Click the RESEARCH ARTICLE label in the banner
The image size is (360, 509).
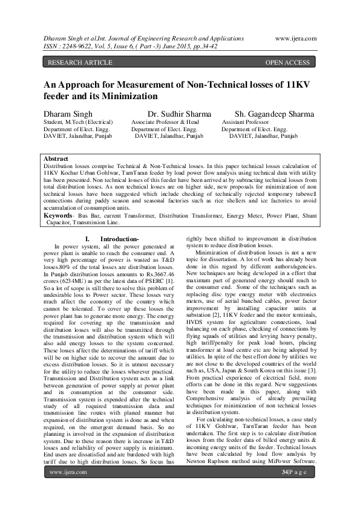tap(80, 62)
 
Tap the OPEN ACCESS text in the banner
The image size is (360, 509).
tap(287, 62)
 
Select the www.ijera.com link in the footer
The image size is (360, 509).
tap(67, 488)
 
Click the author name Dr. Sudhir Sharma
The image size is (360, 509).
tap(179, 114)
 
